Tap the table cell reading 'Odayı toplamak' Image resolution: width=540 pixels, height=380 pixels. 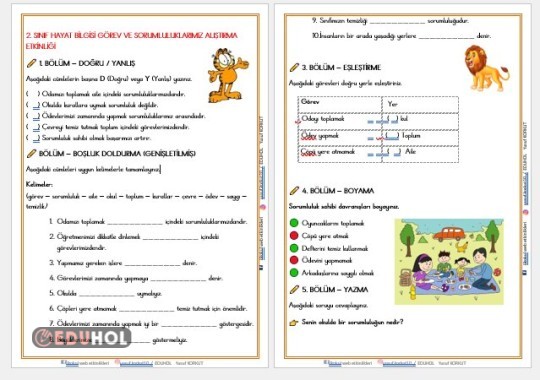pyautogui.click(x=320, y=118)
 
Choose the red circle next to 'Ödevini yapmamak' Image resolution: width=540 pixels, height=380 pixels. pyautogui.click(x=293, y=260)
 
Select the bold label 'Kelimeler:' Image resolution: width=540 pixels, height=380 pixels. pyautogui.click(x=43, y=185)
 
